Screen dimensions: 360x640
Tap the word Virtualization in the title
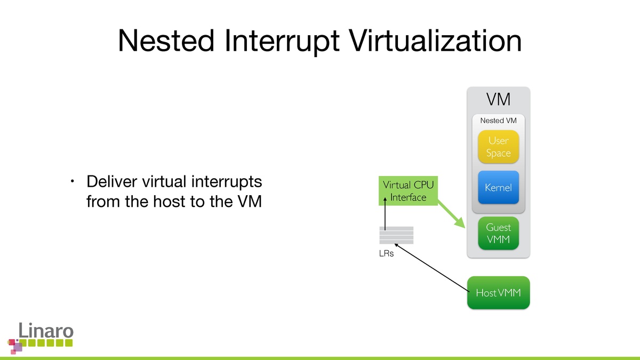coord(431,41)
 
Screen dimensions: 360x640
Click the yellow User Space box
coord(498,147)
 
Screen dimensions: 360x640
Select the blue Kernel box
coord(498,188)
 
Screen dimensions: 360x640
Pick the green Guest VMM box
coord(498,233)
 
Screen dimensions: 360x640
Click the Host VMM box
coord(498,293)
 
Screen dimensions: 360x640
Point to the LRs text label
coord(386,253)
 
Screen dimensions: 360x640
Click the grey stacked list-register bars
coord(396,235)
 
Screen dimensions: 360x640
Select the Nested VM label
coord(498,121)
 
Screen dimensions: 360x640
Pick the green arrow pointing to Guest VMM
coord(451,214)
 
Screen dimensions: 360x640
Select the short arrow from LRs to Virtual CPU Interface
coord(384,214)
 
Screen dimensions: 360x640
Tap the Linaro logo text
coord(45,331)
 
